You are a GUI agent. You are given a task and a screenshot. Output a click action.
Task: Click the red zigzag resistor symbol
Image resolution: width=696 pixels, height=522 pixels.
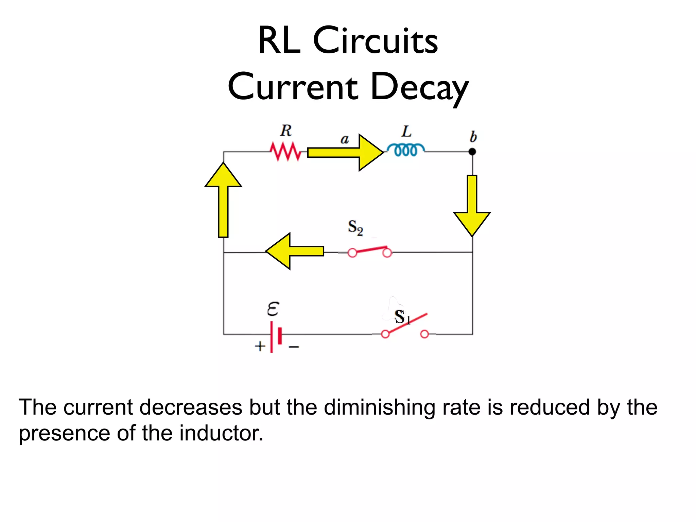pos(285,152)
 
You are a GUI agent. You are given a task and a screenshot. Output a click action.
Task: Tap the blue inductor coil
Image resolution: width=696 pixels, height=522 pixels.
pos(405,150)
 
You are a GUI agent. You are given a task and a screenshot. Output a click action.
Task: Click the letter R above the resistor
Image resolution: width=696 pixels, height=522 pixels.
pos(286,131)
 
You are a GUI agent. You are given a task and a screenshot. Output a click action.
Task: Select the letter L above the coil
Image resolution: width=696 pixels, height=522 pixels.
pos(406,132)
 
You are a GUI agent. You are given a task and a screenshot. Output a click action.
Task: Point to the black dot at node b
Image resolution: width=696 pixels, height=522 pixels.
pos(472,152)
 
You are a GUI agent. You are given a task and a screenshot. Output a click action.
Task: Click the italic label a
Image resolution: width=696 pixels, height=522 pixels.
pos(345,139)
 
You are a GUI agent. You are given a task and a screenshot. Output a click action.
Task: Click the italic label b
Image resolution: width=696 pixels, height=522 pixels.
pos(473,137)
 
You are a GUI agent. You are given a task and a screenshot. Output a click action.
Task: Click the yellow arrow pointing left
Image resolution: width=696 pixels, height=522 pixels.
pos(294,251)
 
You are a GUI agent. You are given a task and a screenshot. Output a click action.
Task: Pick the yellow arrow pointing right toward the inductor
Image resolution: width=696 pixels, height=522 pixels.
pos(345,152)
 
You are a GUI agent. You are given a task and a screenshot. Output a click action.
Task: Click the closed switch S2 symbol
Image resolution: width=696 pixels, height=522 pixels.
pos(370,251)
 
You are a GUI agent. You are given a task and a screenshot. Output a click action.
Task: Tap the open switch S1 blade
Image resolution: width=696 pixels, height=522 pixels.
pos(406,323)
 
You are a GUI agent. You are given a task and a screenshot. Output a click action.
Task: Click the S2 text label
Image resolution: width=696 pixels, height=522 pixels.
pos(355,227)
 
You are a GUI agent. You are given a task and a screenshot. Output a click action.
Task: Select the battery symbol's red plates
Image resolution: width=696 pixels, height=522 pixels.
pos(276,336)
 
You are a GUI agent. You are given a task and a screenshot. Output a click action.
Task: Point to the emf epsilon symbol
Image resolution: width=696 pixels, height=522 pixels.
pos(273,309)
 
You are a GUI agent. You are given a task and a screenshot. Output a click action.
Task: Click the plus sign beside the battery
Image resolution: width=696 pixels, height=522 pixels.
pos(260,346)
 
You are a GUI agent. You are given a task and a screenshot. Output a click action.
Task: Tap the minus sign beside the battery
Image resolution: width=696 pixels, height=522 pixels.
pos(294,347)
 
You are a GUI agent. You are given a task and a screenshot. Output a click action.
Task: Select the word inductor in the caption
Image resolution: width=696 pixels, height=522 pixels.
pos(221,433)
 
